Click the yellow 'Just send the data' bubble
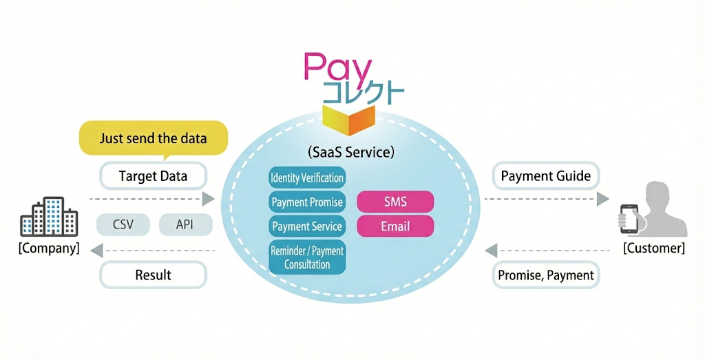(153, 138)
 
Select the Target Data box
(153, 176)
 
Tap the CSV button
(123, 224)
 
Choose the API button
(185, 224)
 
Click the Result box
(153, 275)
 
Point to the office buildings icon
(49, 218)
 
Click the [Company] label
(49, 248)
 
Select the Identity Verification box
(307, 178)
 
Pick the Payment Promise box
(307, 202)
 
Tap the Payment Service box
(307, 226)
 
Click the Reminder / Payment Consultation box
(307, 258)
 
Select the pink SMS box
(395, 202)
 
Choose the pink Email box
(395, 226)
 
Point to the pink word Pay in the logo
(338, 69)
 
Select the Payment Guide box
(546, 176)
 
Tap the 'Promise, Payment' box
(546, 275)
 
